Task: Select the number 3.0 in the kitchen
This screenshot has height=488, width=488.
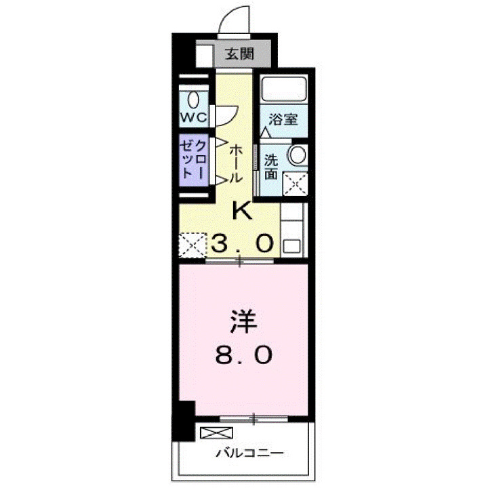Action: (x=245, y=242)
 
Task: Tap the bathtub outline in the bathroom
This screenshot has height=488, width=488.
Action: (x=284, y=90)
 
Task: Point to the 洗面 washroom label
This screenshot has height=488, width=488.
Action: (x=271, y=166)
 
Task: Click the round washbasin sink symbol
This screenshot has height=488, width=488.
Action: (x=297, y=155)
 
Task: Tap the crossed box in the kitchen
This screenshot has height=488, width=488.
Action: (x=192, y=244)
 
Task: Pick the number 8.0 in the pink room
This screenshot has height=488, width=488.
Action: (x=245, y=354)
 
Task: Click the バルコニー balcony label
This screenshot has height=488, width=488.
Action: (x=250, y=453)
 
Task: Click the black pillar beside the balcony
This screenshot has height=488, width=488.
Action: (x=182, y=420)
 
